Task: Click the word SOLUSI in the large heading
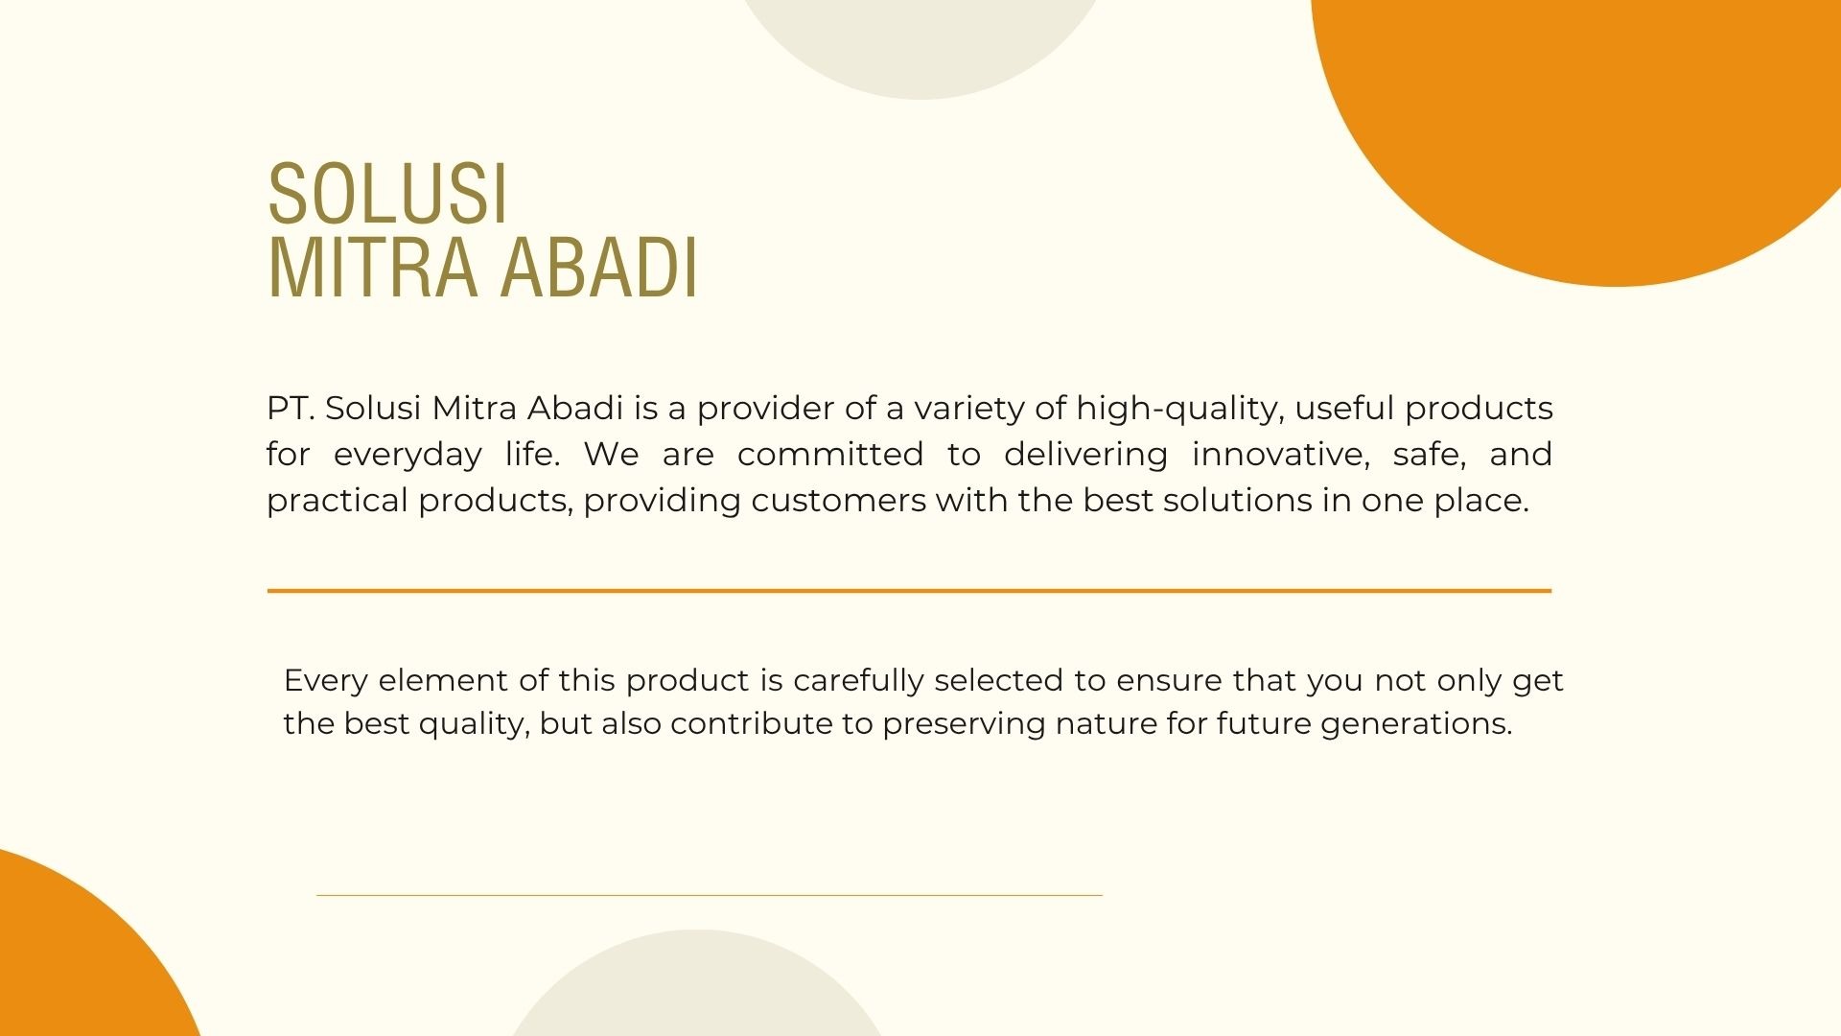387,195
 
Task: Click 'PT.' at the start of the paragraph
291,409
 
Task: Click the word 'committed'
830,455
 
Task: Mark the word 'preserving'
964,725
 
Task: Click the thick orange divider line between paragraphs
909,591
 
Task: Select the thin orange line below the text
710,895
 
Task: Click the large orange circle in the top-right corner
1592,125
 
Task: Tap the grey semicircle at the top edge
920,43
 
